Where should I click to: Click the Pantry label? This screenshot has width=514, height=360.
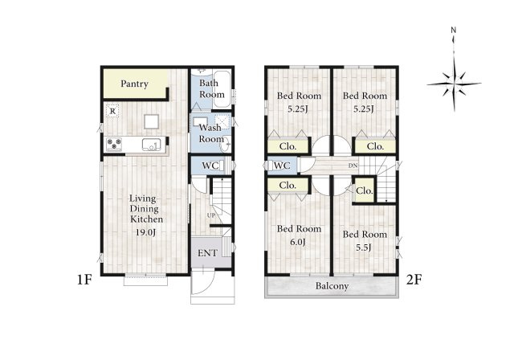tap(134, 84)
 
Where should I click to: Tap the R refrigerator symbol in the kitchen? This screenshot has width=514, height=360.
tap(112, 111)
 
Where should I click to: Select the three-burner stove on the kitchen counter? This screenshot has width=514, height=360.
tap(114, 145)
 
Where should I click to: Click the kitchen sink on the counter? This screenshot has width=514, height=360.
tap(151, 145)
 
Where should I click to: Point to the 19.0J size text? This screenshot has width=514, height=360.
tap(146, 232)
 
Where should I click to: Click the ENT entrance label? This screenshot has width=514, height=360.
tap(207, 253)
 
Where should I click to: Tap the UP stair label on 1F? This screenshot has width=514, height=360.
tap(211, 215)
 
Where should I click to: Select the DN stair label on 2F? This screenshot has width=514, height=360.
tap(353, 166)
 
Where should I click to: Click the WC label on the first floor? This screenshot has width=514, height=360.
tap(210, 166)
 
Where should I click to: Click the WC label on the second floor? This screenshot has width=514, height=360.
tap(282, 166)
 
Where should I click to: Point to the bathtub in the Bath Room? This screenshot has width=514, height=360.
tap(222, 88)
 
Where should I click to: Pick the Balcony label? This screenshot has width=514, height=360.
tap(332, 286)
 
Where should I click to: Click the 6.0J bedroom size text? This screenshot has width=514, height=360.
tap(298, 243)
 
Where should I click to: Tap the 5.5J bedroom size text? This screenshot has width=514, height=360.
tap(364, 247)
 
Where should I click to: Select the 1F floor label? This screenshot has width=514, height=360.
tap(84, 280)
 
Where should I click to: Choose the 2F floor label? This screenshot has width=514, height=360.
tap(414, 280)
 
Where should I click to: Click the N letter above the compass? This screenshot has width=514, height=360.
tap(453, 31)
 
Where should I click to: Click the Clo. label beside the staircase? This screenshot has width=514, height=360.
tap(365, 190)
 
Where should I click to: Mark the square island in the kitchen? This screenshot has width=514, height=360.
tap(151, 121)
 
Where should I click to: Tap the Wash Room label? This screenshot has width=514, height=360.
tap(211, 133)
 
